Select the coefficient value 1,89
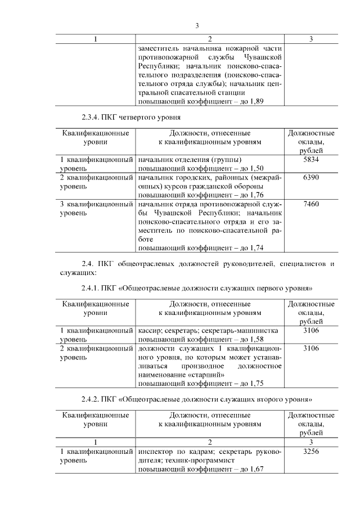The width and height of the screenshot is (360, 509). click(x=256, y=101)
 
